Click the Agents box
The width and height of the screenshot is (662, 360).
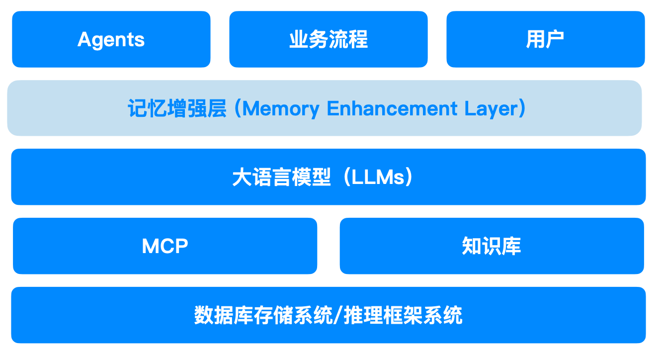click(x=111, y=39)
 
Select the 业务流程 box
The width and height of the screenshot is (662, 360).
click(x=328, y=39)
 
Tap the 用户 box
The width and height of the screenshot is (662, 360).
click(x=545, y=39)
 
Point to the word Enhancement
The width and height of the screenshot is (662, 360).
click(x=392, y=108)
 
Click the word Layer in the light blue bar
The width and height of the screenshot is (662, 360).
click(x=490, y=108)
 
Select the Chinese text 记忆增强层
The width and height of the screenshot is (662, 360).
click(x=177, y=108)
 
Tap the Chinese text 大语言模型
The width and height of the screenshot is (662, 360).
click(x=281, y=177)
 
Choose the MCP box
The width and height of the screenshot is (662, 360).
click(x=165, y=246)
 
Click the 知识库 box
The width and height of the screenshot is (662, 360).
click(x=492, y=246)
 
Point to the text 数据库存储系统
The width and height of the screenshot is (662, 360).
click(x=262, y=315)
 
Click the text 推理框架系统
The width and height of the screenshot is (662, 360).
click(x=404, y=315)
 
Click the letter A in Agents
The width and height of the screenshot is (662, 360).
click(x=84, y=39)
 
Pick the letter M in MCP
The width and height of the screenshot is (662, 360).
click(x=150, y=246)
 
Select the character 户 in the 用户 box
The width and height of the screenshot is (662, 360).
click(x=555, y=39)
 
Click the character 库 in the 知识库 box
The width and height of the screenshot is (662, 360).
click(x=511, y=246)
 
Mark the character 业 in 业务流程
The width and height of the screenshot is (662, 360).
click(x=298, y=39)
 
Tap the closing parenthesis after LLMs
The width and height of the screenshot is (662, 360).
click(x=409, y=177)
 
